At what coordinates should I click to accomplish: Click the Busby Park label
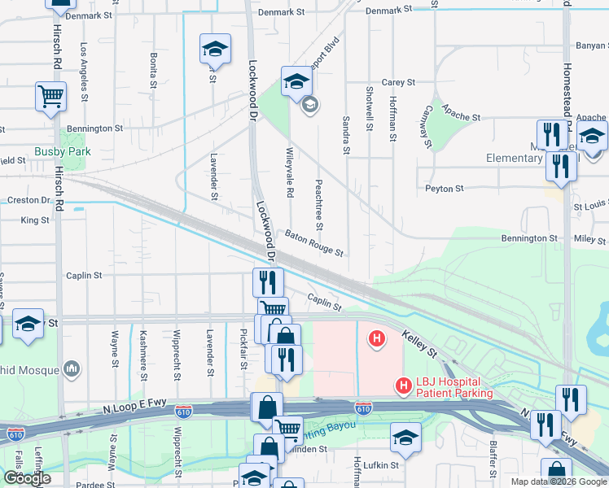pos(62,151)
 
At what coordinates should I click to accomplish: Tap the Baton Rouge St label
pos(314,242)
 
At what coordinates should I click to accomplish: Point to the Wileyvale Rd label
pos(289,172)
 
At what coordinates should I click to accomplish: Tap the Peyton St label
pos(444,189)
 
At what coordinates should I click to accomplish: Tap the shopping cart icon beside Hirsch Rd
pos(50,96)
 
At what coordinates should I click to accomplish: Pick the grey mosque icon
pos(72,369)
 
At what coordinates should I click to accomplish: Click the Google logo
pos(27,478)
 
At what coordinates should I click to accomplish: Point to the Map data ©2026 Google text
pos(558,481)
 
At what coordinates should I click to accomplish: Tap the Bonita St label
pos(153,70)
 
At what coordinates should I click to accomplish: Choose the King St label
pos(35,220)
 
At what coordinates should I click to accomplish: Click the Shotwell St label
pos(370,109)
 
